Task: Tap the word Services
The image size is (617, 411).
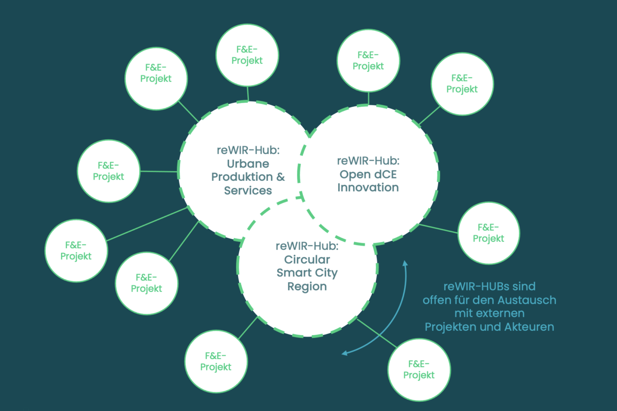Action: tap(248, 191)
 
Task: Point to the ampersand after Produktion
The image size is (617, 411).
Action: tap(280, 177)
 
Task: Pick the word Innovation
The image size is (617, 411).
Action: tap(368, 187)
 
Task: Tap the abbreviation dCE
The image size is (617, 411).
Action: tap(384, 174)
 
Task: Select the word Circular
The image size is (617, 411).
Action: tap(307, 259)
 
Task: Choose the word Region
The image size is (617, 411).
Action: tap(307, 286)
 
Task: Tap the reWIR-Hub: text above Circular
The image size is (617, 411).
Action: tap(307, 246)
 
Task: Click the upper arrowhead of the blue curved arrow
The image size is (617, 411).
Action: tap(405, 263)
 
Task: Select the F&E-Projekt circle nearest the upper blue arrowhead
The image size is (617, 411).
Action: tap(488, 233)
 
